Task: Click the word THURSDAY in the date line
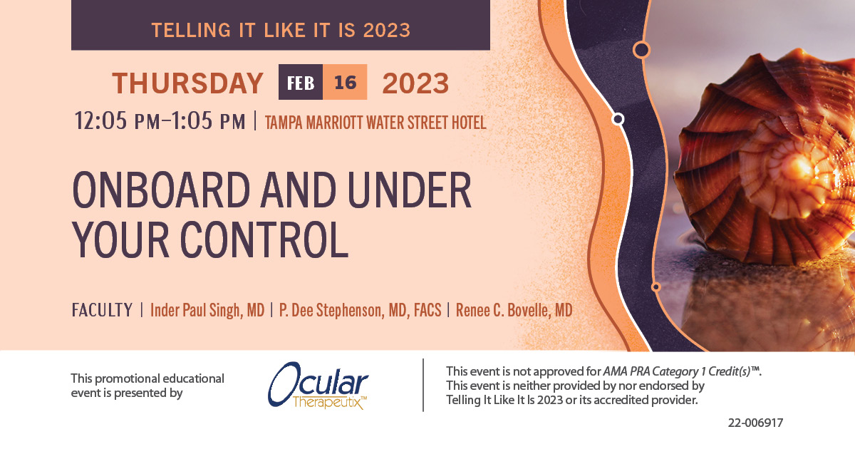pos(187,83)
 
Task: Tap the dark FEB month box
pos(300,83)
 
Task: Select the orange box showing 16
pos(345,83)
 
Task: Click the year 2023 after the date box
pos(415,83)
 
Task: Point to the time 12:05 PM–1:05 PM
pos(160,121)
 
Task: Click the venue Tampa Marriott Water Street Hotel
pos(375,123)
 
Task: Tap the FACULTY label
pos(102,311)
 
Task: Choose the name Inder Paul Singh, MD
pos(207,311)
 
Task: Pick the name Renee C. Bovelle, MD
pos(513,311)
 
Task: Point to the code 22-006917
pos(755,423)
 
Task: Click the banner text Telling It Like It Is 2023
pos(281,30)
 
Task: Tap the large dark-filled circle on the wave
pos(641,49)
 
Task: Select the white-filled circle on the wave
pos(618,119)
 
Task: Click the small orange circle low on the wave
pos(655,287)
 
